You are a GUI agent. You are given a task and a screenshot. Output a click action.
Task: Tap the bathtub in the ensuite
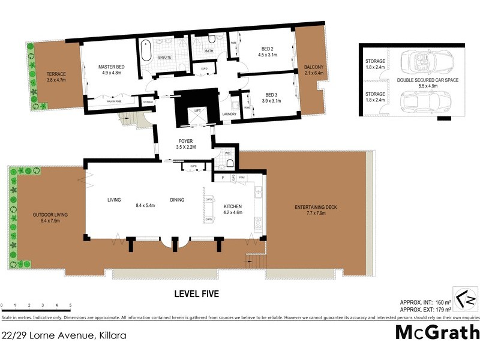point(146,52)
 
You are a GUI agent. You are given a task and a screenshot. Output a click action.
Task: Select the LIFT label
point(197,111)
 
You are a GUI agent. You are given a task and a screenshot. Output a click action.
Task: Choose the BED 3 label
point(272,94)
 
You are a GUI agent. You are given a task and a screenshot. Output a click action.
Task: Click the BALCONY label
point(314,67)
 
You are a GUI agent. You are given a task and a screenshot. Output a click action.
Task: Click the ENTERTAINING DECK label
point(316,208)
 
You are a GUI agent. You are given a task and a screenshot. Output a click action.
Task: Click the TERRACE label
point(56,74)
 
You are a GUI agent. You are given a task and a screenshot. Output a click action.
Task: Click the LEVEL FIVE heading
point(196,294)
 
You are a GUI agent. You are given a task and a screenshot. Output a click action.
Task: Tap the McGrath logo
point(437,332)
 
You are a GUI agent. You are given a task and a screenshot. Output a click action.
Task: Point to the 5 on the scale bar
point(71,306)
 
